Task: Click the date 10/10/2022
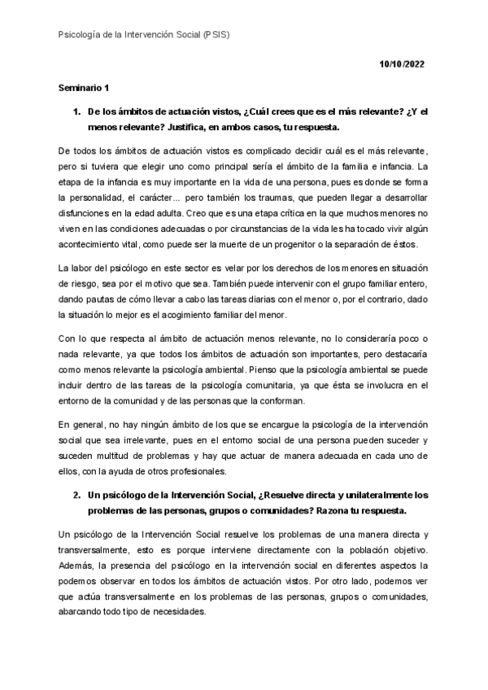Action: [x=403, y=63]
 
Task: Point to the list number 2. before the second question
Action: [x=78, y=495]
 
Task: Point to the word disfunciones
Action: [x=87, y=213]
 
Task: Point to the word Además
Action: [x=78, y=565]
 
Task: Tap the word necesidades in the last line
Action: [x=181, y=612]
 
